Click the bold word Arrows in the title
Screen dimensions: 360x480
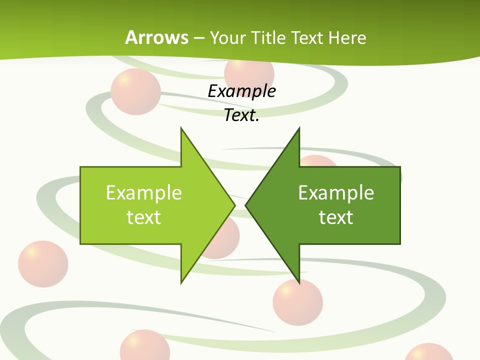(156, 37)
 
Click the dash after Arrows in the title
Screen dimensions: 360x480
(198, 38)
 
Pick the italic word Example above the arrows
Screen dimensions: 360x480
(241, 91)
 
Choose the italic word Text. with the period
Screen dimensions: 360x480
(241, 115)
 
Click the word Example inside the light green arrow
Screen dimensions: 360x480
(144, 192)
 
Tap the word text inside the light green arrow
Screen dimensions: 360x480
(144, 217)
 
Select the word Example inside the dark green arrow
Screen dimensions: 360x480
(336, 192)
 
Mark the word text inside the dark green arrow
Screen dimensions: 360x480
(336, 217)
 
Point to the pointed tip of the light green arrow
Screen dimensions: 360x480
(234, 205)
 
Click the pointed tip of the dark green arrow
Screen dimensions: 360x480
(245, 205)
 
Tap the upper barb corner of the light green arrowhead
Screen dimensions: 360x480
(181, 128)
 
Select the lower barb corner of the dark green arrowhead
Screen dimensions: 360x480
(299, 283)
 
